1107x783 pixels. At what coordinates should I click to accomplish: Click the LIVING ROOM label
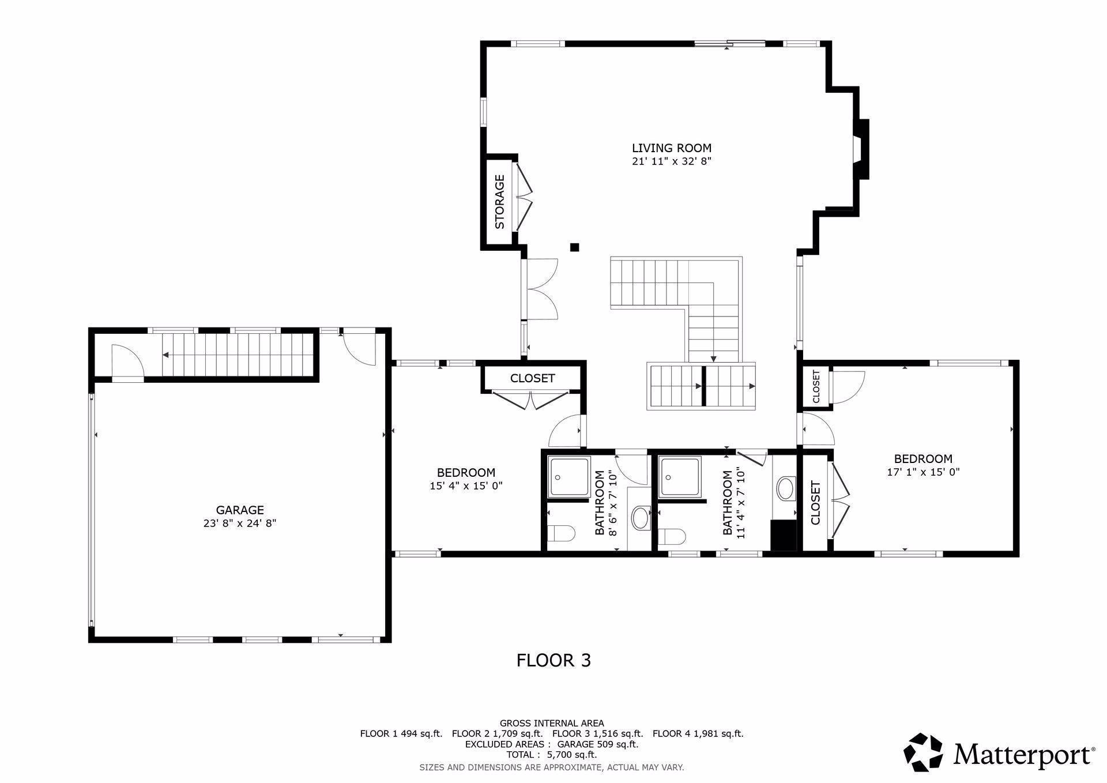672,148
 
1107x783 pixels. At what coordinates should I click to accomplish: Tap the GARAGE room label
240,510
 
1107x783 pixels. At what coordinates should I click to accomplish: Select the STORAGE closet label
500,202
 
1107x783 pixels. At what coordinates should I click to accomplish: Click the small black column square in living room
574,247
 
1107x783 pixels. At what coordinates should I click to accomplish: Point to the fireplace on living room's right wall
861,149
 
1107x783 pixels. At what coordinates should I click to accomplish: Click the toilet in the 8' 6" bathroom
561,533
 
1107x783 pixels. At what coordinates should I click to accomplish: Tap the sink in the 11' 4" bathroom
786,488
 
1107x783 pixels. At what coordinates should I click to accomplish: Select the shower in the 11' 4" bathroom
680,477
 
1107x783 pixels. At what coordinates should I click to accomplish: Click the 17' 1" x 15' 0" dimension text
922,472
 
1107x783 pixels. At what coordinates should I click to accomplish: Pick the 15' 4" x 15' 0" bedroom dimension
466,486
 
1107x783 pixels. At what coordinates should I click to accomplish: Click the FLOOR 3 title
553,660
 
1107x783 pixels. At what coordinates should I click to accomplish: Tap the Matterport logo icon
922,752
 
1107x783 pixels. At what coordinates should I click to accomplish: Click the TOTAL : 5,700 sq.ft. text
552,754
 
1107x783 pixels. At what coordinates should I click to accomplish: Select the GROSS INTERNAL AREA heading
552,723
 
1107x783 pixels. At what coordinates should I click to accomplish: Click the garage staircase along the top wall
236,354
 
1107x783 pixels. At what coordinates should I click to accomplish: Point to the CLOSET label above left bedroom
532,378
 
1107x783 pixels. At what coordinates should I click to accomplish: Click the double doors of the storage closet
524,197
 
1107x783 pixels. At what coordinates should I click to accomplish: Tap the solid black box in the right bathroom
783,536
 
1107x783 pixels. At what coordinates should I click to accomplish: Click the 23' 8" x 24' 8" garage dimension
240,524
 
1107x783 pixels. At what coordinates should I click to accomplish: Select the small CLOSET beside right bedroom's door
816,387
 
